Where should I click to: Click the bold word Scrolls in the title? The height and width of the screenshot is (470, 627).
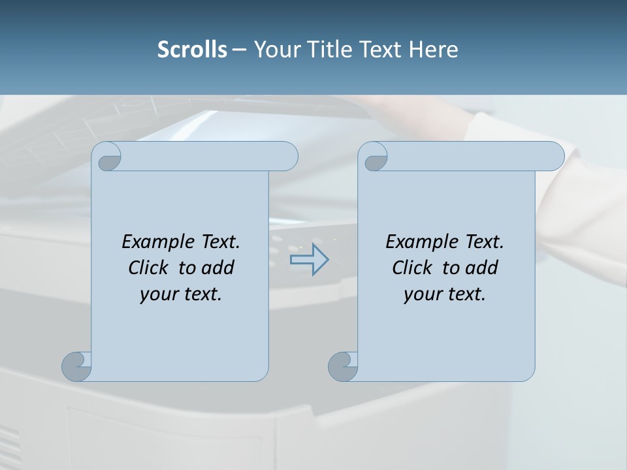pyautogui.click(x=192, y=50)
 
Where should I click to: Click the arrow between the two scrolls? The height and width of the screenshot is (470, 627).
pyautogui.click(x=310, y=260)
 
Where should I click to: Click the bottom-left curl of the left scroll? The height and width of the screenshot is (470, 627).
pyautogui.click(x=76, y=366)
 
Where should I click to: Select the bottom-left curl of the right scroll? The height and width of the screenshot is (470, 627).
pyautogui.click(x=343, y=366)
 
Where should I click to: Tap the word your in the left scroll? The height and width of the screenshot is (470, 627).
pyautogui.click(x=157, y=294)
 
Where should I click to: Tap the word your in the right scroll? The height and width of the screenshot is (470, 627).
pyautogui.click(x=421, y=294)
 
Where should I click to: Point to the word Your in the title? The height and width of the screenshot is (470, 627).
pyautogui.click(x=274, y=50)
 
